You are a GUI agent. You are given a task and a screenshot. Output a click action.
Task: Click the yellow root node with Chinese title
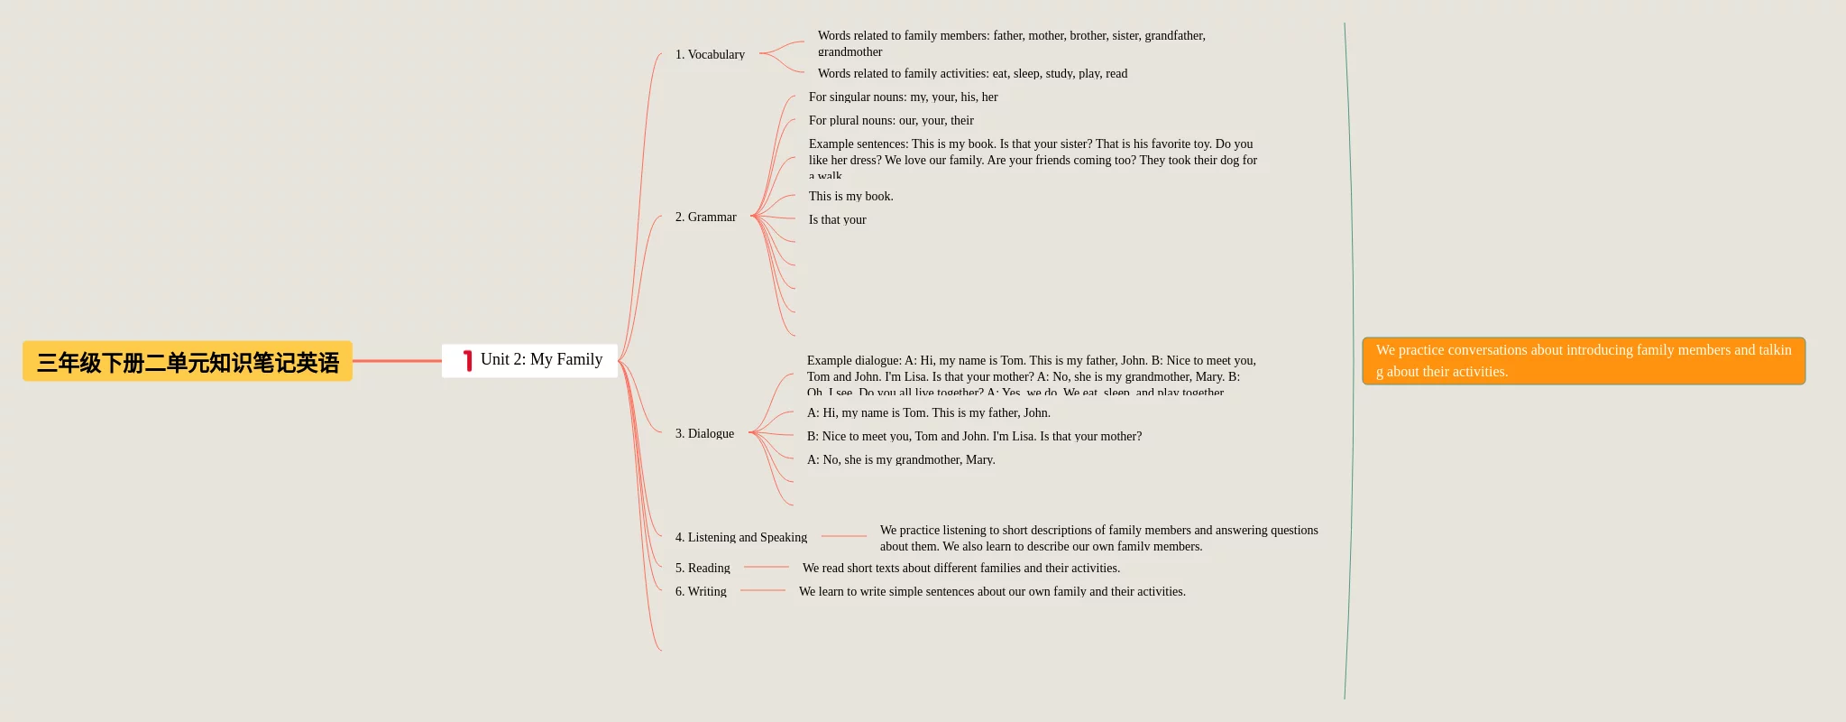pos(188,362)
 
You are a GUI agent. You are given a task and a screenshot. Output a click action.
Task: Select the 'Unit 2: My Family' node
pos(540,360)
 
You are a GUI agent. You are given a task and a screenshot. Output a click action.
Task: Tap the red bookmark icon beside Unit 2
pos(467,361)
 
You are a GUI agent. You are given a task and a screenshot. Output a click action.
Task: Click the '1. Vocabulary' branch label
pos(710,55)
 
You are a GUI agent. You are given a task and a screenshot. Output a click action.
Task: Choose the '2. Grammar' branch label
pos(705,218)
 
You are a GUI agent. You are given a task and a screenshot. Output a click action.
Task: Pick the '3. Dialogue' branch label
pos(704,434)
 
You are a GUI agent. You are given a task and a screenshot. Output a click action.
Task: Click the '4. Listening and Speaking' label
pos(740,538)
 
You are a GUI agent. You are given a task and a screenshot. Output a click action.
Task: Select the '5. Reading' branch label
pos(703,569)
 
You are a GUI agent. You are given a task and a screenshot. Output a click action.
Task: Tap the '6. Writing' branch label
pos(701,592)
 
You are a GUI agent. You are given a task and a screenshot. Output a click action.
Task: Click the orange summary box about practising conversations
pos(1583,361)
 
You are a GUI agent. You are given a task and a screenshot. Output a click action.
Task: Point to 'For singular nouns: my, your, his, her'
pos(903,97)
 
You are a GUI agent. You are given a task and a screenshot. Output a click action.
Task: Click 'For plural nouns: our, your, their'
pos(891,121)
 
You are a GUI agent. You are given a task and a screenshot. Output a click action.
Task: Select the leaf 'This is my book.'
pos(850,197)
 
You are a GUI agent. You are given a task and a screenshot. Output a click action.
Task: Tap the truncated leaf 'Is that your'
pos(837,220)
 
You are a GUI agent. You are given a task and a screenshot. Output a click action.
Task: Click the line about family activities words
pos(972,74)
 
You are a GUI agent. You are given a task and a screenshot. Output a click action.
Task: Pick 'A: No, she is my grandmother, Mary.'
pos(901,460)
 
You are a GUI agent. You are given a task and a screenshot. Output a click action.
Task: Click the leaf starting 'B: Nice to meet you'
pos(974,437)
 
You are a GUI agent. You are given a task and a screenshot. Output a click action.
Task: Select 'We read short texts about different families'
pos(960,569)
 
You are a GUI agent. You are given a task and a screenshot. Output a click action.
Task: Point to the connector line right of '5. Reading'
pos(767,567)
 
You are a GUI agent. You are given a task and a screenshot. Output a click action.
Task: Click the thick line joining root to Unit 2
pos(397,361)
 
